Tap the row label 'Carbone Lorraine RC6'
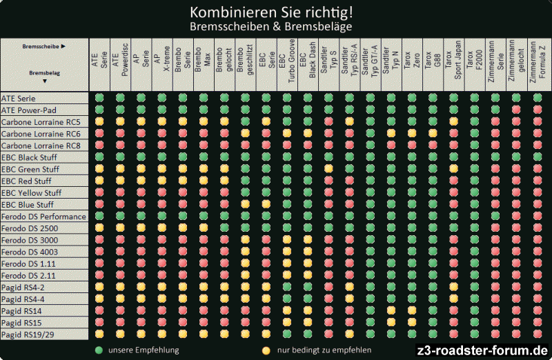coord(41,133)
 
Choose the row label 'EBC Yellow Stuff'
coord(31,192)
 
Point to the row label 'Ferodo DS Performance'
coord(43,217)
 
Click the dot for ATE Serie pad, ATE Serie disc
coord(99,98)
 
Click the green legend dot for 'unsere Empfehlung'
coord(99,350)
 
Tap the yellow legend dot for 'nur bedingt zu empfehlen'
coord(266,350)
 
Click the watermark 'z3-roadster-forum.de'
coord(484,350)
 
